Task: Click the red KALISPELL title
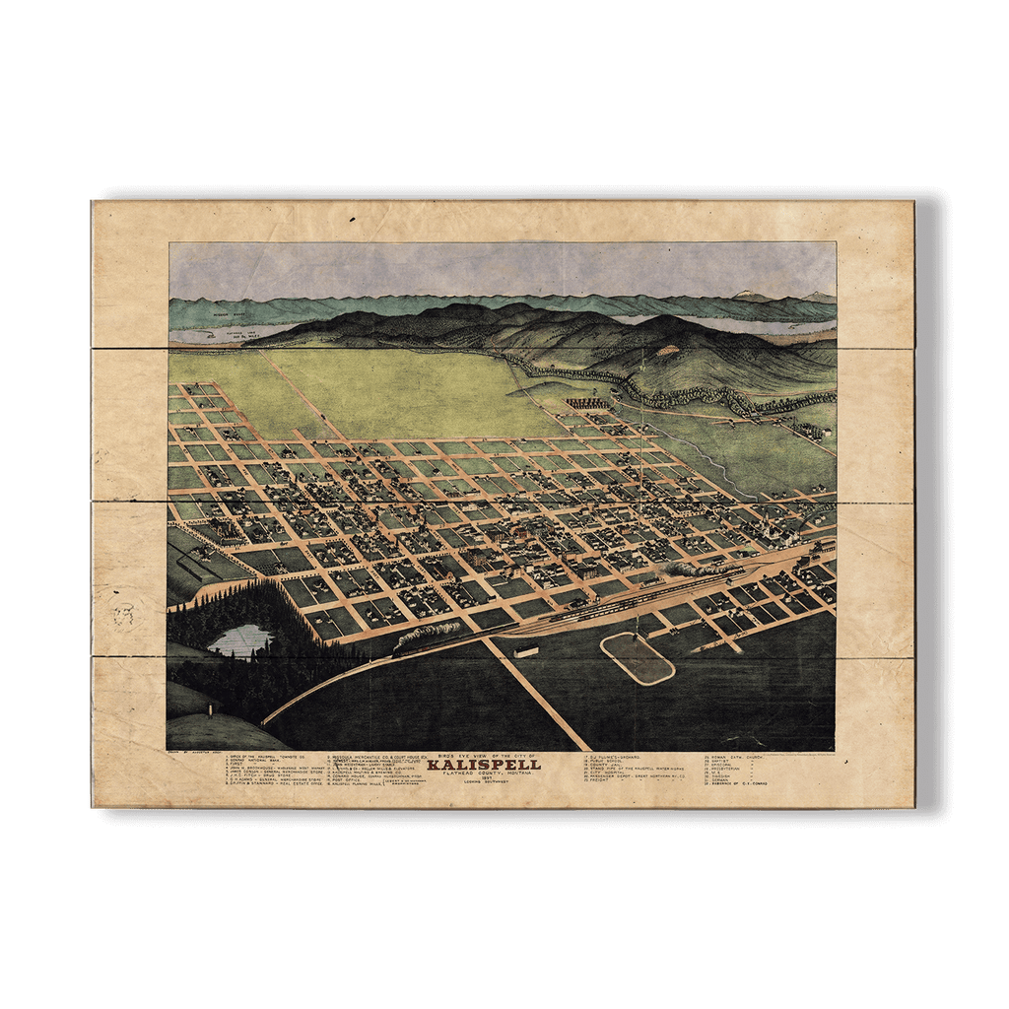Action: [484, 765]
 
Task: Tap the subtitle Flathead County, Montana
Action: [484, 774]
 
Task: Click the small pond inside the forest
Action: [239, 639]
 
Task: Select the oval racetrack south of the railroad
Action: [638, 658]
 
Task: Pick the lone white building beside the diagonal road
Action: [526, 651]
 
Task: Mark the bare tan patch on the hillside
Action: [668, 350]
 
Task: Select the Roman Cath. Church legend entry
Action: [739, 757]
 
